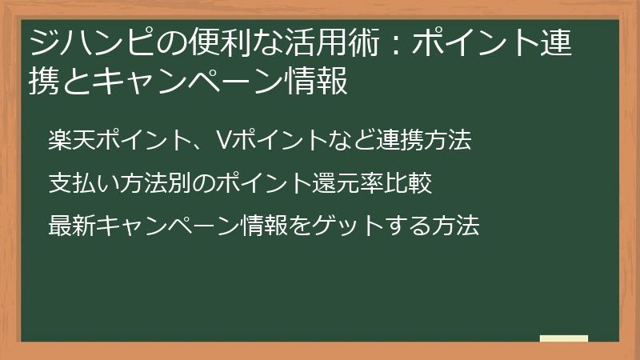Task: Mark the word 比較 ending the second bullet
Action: point(414,184)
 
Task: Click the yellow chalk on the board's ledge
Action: point(563,338)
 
